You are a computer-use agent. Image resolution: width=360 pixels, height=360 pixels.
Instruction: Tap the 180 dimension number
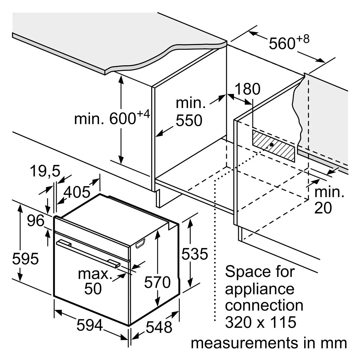pyautogui.click(x=247, y=89)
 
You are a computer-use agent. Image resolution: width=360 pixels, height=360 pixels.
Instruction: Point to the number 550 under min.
pyautogui.click(x=189, y=120)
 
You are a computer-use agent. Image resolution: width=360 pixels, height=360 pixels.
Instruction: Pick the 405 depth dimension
pyautogui.click(x=77, y=192)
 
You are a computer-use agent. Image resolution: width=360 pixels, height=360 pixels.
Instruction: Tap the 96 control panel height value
pyautogui.click(x=36, y=221)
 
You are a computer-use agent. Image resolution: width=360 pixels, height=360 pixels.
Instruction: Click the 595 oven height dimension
pyautogui.click(x=25, y=259)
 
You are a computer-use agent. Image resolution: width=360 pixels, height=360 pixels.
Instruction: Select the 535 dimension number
pyautogui.click(x=195, y=254)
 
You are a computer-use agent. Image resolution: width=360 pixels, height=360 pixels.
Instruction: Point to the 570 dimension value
pyautogui.click(x=157, y=282)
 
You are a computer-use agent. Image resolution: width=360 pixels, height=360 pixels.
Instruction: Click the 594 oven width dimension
pyautogui.click(x=90, y=325)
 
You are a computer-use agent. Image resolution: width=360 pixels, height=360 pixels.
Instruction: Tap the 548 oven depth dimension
pyautogui.click(x=159, y=327)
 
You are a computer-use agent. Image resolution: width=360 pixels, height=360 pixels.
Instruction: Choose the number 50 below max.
pyautogui.click(x=93, y=288)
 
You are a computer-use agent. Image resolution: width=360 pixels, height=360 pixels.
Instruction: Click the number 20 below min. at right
pyautogui.click(x=323, y=208)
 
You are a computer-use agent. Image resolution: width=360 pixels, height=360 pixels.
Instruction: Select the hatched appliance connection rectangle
pyautogui.click(x=273, y=145)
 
